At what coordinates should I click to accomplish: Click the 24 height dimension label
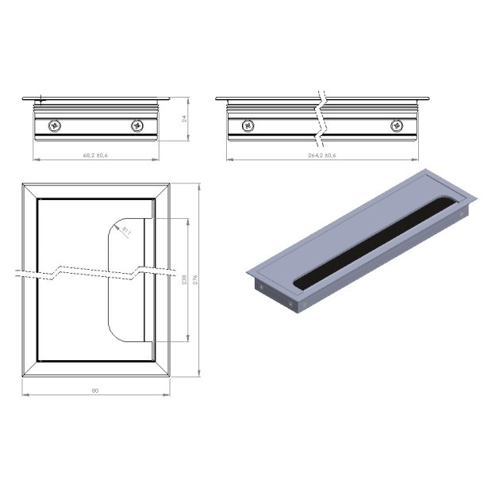click(x=184, y=120)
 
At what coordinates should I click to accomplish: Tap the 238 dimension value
click(x=184, y=279)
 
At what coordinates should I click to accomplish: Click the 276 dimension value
click(x=194, y=279)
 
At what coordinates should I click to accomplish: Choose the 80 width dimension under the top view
click(x=96, y=390)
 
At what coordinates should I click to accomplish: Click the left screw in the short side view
click(x=54, y=125)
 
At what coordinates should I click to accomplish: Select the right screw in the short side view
click(x=137, y=125)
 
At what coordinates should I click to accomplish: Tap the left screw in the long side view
click(x=248, y=125)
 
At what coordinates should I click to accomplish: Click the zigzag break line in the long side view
click(x=321, y=119)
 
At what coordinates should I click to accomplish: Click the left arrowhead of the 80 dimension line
click(x=23, y=394)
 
